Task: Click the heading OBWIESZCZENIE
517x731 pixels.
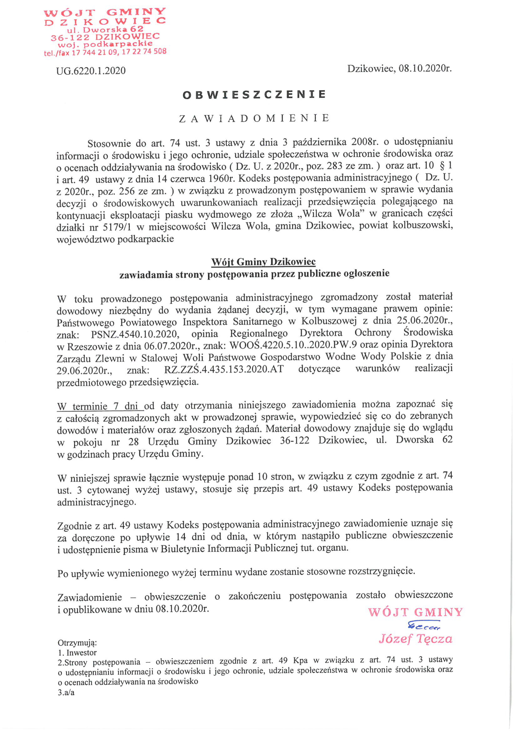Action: tap(254, 94)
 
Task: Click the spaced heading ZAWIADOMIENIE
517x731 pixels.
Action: tap(254, 119)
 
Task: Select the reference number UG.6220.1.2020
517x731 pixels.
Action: tap(91, 71)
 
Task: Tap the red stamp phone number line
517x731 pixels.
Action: tap(105, 52)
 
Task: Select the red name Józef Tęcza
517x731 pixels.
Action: tap(415, 639)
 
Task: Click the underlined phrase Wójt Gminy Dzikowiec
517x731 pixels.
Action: tap(263, 262)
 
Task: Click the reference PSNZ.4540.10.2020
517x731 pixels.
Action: tap(134, 334)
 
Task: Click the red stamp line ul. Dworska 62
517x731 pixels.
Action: tap(105, 29)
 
